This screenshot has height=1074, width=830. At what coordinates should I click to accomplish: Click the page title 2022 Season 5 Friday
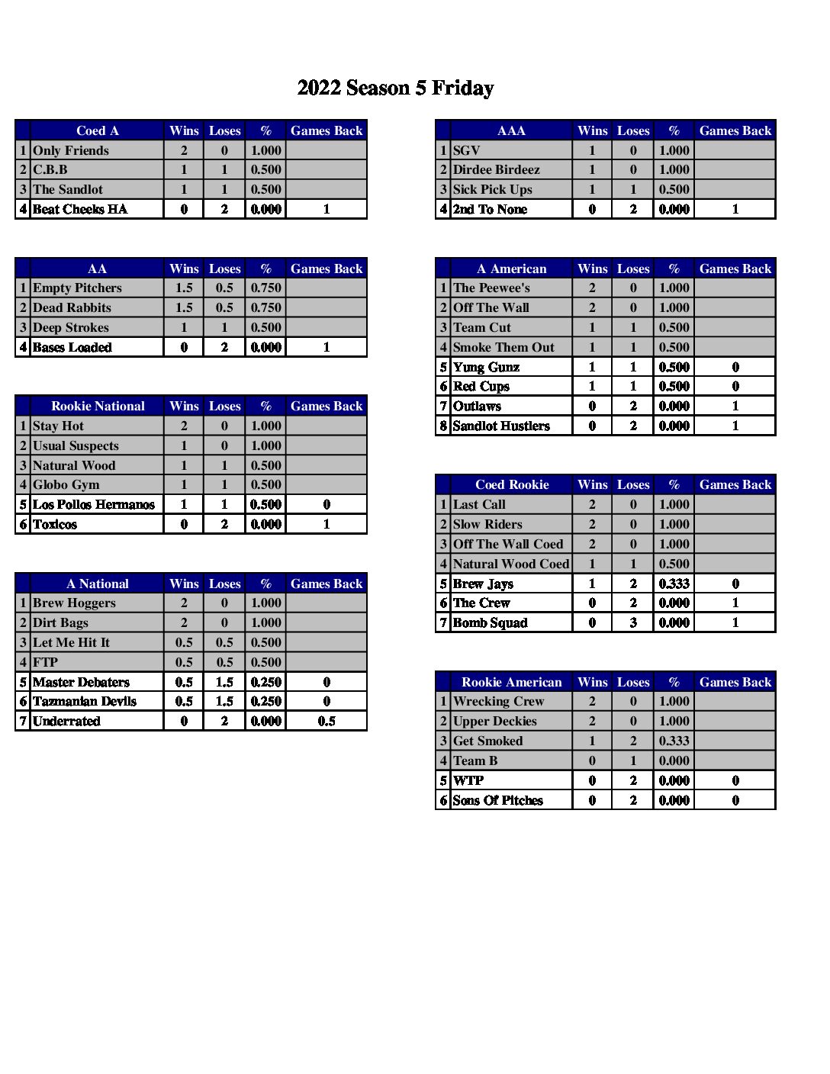[x=395, y=88]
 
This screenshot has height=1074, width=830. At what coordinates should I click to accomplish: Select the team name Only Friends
[x=71, y=150]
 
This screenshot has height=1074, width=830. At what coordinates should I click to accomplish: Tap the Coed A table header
[x=98, y=130]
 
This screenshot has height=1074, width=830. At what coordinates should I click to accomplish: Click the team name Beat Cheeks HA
[x=80, y=209]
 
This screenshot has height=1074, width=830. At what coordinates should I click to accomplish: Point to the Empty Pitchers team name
[x=77, y=288]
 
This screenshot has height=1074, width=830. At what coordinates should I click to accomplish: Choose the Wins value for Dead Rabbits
[x=184, y=307]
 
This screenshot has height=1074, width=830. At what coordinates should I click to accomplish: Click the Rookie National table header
[x=98, y=406]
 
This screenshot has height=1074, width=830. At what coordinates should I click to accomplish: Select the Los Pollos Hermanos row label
[x=94, y=504]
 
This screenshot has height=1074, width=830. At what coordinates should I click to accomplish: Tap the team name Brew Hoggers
[x=74, y=603]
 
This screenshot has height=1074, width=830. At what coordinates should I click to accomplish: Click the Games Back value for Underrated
[x=327, y=721]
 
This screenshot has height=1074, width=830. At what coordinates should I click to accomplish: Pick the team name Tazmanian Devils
[x=85, y=701]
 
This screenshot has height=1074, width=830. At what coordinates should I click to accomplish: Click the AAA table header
[x=511, y=130]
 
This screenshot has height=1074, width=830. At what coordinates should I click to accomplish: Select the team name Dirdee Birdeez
[x=496, y=169]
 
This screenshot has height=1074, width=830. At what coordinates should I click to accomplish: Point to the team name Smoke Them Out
[x=503, y=347]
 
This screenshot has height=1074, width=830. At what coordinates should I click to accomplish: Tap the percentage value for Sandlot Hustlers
[x=674, y=426]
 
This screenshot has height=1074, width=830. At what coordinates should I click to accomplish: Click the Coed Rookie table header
[x=512, y=484]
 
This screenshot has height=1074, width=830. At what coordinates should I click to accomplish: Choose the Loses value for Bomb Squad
[x=633, y=622]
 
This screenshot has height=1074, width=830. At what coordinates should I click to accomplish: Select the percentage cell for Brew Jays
[x=674, y=584]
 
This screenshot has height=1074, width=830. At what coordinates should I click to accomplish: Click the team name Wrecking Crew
[x=498, y=701]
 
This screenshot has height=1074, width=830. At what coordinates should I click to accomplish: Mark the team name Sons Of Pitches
[x=497, y=800]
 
